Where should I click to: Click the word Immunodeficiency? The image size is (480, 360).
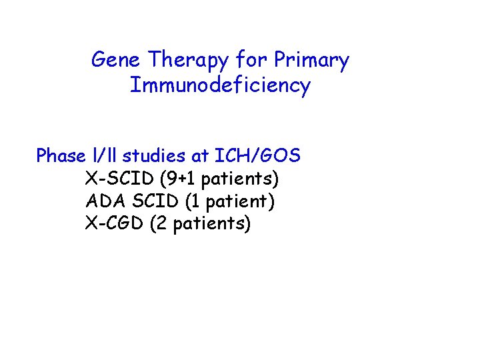220,86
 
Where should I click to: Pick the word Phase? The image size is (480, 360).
61,156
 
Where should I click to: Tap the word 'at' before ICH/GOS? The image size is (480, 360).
202,157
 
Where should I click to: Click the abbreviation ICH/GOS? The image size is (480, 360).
258,156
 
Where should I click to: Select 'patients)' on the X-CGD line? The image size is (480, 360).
212,224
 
